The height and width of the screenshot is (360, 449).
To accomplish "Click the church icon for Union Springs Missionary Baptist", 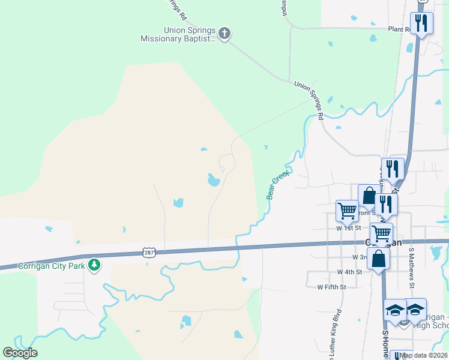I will coord(224,33).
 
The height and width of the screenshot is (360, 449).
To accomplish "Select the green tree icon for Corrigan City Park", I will coord(94,265).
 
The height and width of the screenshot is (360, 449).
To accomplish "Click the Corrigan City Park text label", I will coord(52,266).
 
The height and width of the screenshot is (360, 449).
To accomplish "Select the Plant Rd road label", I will coord(399,29).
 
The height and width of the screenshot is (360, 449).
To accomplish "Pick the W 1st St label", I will coord(349,228).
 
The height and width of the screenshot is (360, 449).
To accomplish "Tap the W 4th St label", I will coord(349,272).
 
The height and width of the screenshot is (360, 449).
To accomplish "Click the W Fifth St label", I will coord(331,287).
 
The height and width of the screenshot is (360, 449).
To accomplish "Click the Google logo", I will coord(20,353).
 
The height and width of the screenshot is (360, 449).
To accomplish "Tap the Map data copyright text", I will coord(423,355).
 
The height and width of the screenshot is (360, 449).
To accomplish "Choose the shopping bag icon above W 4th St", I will coord(379,259).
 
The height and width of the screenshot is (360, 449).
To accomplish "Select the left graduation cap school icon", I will coord(395,310).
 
